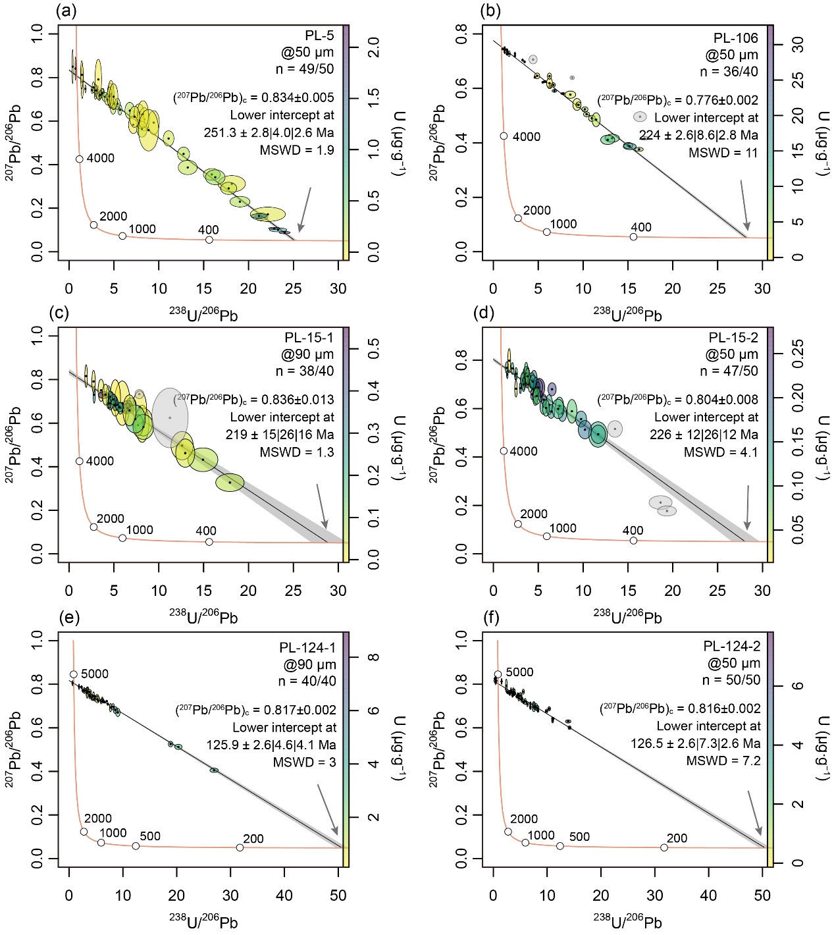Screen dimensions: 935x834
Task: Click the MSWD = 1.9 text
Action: pos(297,150)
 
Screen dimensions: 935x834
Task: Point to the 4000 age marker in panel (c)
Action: pos(80,462)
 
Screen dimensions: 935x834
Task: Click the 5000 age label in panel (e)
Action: pos(95,674)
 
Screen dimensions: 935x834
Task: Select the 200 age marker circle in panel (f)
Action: pos(664,847)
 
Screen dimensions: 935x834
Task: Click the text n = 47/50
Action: pos(729,371)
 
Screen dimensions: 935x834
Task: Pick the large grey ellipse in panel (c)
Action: pos(170,417)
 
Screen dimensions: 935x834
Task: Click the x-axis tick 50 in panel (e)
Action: pos(338,895)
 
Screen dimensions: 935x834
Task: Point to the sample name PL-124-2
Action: pos(731,646)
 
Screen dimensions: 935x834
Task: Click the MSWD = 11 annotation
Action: pos(723,153)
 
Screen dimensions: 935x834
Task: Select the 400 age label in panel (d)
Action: pos(633,530)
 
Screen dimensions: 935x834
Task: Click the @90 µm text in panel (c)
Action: pos(307,355)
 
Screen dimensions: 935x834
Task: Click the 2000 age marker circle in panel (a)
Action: pos(93,225)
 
